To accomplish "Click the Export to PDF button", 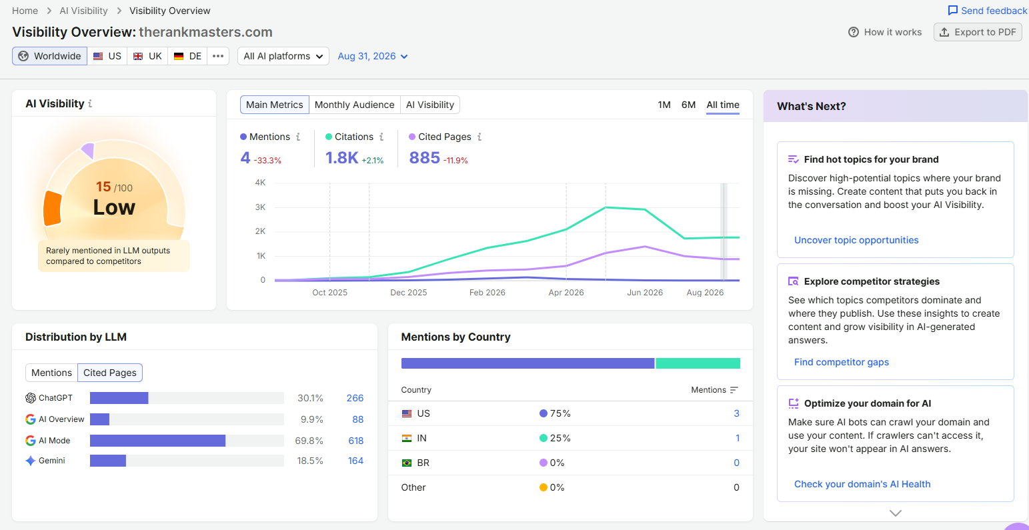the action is click(x=978, y=32).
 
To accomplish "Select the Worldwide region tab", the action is click(x=49, y=56).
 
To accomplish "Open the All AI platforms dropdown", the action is click(x=283, y=56).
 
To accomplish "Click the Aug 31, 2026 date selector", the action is click(x=373, y=56).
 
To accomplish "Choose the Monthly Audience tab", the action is click(x=354, y=105).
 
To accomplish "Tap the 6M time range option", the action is click(x=688, y=105).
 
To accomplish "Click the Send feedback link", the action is click(x=988, y=11).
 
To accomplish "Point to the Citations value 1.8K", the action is click(x=341, y=158).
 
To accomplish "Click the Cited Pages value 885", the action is click(x=424, y=158).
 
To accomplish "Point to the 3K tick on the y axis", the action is click(x=260, y=207).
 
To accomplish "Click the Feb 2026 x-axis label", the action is click(x=487, y=293).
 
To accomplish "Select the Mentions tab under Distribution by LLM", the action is click(x=51, y=373).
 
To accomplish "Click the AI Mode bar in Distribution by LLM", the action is click(x=157, y=441).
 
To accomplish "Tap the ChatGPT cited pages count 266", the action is click(x=355, y=398).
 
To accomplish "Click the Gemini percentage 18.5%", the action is click(x=310, y=461).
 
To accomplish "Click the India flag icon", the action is click(x=407, y=438).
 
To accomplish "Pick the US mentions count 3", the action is click(x=736, y=413).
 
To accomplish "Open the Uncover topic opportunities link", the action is click(x=856, y=240).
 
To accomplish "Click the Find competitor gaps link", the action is click(x=841, y=362).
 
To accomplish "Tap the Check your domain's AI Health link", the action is click(x=862, y=484).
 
